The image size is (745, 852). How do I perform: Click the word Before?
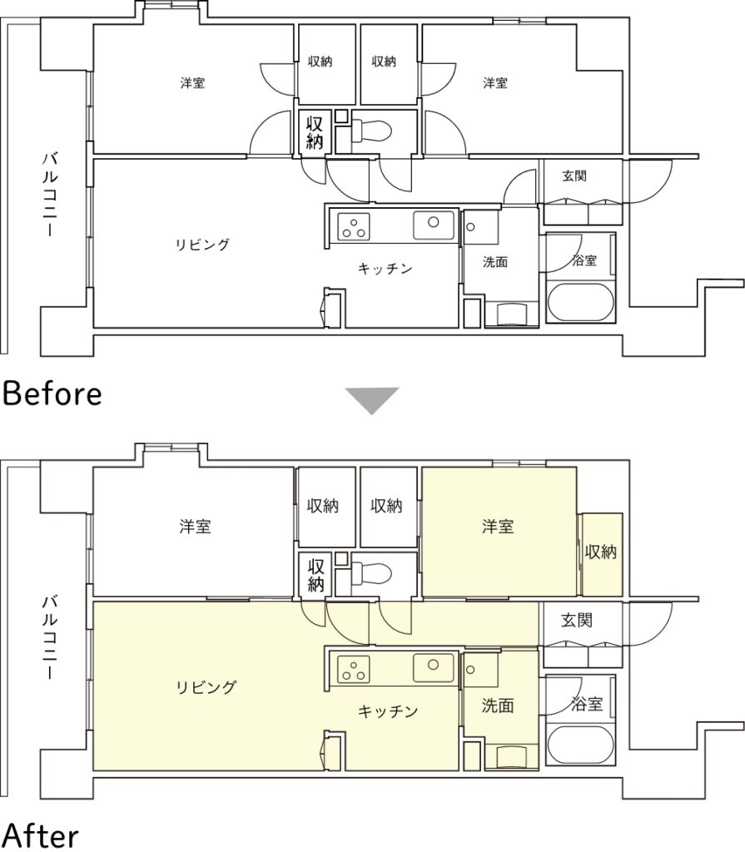(52, 394)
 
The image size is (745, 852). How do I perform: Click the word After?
(42, 836)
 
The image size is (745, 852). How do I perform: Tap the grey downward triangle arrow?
(372, 400)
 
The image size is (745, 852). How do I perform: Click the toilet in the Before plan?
(372, 131)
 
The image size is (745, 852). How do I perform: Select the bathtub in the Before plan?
(581, 302)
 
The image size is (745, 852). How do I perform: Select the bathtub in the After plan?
(581, 745)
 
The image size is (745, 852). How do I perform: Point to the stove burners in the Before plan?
(354, 226)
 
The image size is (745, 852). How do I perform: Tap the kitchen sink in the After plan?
(434, 668)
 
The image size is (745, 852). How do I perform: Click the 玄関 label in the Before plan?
(574, 176)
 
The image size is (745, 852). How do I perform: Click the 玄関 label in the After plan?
(576, 620)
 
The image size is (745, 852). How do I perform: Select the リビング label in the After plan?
(206, 687)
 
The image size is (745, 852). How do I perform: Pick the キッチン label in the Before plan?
(385, 269)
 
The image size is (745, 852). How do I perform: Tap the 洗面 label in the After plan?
(498, 706)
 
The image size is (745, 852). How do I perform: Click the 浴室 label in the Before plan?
(584, 260)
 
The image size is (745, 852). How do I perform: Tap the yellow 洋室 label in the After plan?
(498, 526)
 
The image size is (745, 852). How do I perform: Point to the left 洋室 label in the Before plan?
(192, 83)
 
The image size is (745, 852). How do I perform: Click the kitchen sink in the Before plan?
(434, 225)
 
